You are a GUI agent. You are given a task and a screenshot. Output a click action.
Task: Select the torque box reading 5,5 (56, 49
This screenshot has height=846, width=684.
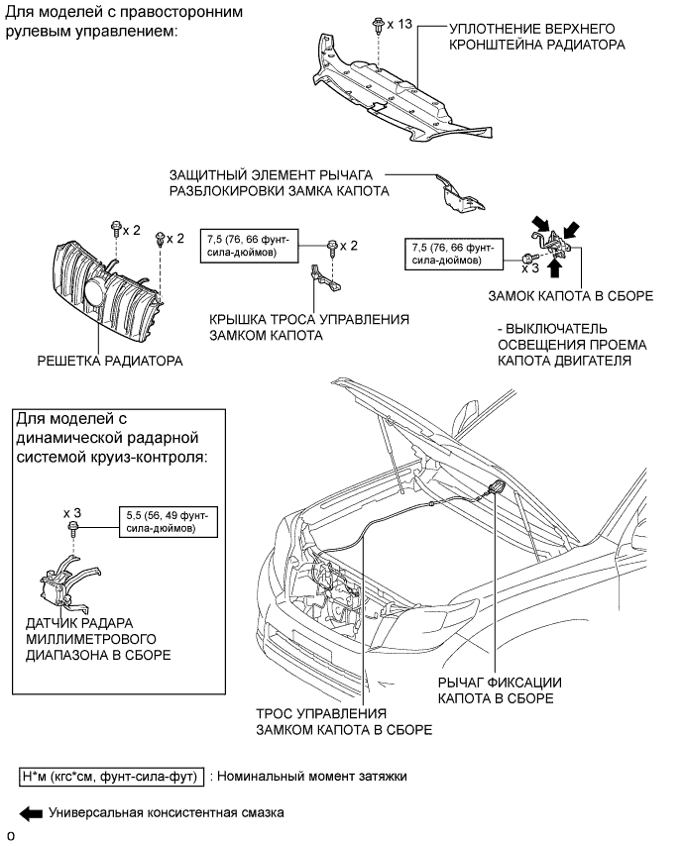169,522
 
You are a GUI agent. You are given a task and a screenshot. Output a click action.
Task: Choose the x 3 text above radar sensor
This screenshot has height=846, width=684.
72,513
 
